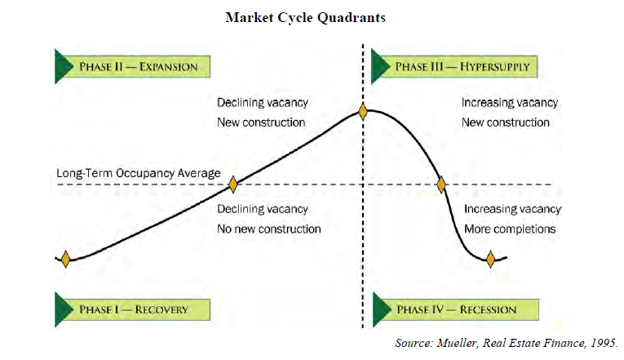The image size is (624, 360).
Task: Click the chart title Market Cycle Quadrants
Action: (305, 18)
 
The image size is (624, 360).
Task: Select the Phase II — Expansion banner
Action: (132, 66)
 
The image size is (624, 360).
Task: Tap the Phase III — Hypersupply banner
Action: (454, 66)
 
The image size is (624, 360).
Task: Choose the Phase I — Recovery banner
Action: (132, 309)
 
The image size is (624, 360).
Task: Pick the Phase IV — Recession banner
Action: (456, 309)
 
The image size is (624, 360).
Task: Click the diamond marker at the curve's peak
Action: (362, 112)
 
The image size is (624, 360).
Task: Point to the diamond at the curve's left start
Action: (66, 259)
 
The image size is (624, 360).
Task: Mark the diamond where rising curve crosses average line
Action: (232, 184)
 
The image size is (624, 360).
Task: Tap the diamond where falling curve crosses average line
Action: (441, 184)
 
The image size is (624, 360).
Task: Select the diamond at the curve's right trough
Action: (490, 260)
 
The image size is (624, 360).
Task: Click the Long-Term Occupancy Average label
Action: (138, 173)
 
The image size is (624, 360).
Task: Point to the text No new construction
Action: (269, 229)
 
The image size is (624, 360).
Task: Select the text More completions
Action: (510, 229)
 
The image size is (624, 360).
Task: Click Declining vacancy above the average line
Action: (263, 103)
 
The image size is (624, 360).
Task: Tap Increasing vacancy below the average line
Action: (512, 209)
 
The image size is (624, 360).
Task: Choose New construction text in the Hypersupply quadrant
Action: (506, 122)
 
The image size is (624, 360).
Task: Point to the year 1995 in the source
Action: (604, 343)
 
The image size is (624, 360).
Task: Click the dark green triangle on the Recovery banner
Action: (64, 309)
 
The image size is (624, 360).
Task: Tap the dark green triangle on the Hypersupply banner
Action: (380, 66)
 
